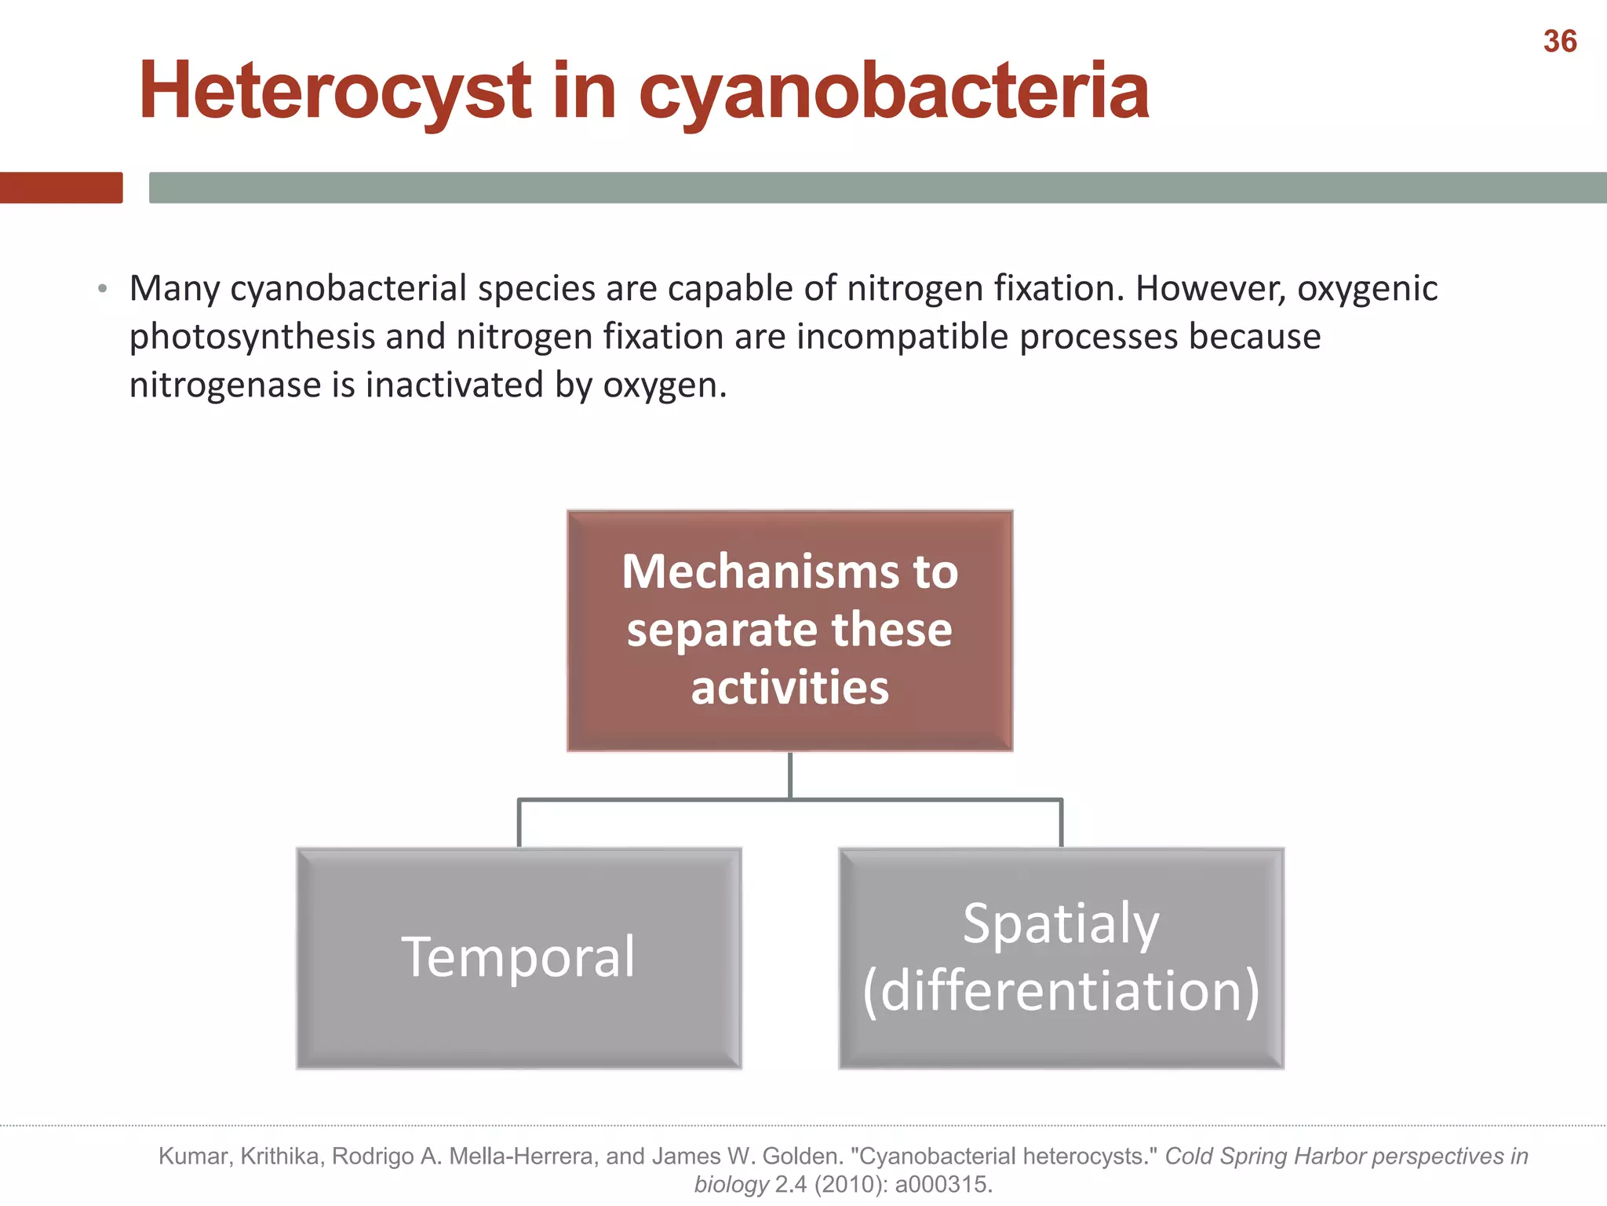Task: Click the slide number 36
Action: pyautogui.click(x=1559, y=42)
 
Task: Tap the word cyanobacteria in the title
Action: pyautogui.click(x=894, y=92)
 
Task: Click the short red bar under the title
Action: pyautogui.click(x=61, y=188)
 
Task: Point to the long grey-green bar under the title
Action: pyautogui.click(x=877, y=188)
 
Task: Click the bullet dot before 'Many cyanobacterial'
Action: pyautogui.click(x=103, y=289)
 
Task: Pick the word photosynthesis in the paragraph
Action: pyautogui.click(x=251, y=337)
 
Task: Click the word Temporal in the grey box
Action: pyautogui.click(x=518, y=957)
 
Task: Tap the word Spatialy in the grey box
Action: pyautogui.click(x=1061, y=923)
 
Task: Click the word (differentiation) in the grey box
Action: pyautogui.click(x=1061, y=991)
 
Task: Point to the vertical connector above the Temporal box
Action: pyautogui.click(x=519, y=823)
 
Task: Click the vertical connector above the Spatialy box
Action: pyautogui.click(x=1061, y=823)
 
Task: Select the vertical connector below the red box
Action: pyautogui.click(x=789, y=775)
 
